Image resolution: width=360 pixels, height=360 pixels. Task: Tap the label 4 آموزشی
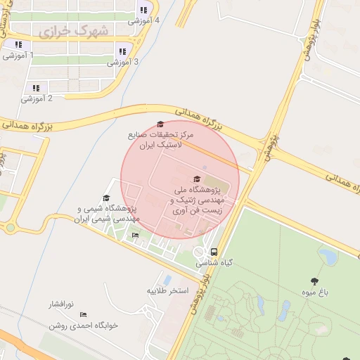[143, 20]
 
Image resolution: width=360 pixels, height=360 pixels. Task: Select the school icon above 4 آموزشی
[143, 10]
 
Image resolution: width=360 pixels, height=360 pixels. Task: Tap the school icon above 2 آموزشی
[35, 88]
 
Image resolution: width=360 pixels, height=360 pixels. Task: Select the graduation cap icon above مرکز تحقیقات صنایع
[160, 124]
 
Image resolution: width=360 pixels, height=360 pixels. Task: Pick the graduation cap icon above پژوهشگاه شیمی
[106, 198]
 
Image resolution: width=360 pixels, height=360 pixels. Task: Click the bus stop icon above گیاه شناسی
[214, 252]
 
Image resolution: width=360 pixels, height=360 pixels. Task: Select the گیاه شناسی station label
[214, 262]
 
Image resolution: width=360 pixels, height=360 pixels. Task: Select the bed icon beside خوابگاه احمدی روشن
[83, 314]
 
